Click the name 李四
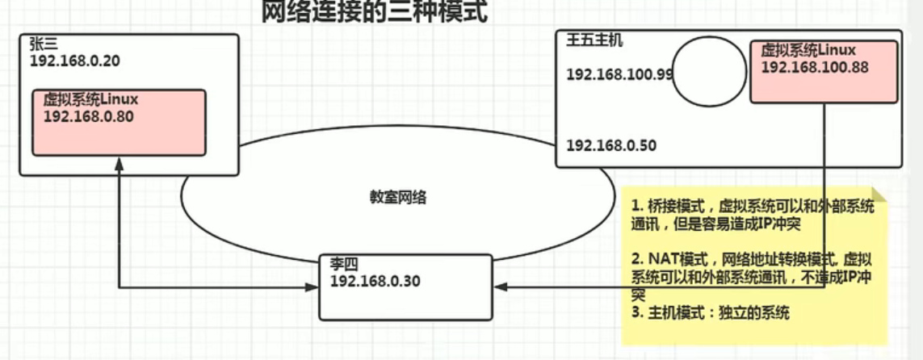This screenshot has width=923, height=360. click(x=343, y=265)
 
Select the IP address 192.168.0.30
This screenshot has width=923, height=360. click(x=375, y=281)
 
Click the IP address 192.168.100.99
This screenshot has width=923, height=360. click(x=619, y=74)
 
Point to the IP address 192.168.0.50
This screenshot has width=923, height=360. click(x=611, y=146)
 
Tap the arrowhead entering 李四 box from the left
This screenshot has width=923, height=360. click(x=314, y=287)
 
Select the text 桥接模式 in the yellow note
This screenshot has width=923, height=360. click(x=674, y=207)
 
